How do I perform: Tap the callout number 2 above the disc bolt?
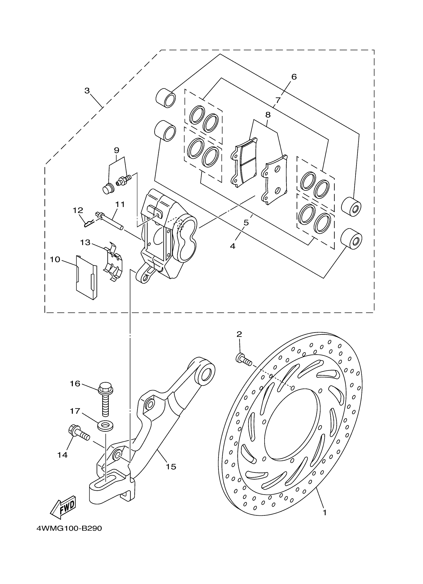[239, 334]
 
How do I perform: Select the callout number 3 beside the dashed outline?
[87, 91]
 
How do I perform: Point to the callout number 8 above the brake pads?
[268, 115]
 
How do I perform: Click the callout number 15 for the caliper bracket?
[171, 467]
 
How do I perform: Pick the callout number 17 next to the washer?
[75, 411]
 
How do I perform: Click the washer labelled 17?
[106, 426]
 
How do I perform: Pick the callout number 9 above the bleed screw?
[117, 150]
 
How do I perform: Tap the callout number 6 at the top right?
[294, 77]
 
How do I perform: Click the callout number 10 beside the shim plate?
[55, 259]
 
